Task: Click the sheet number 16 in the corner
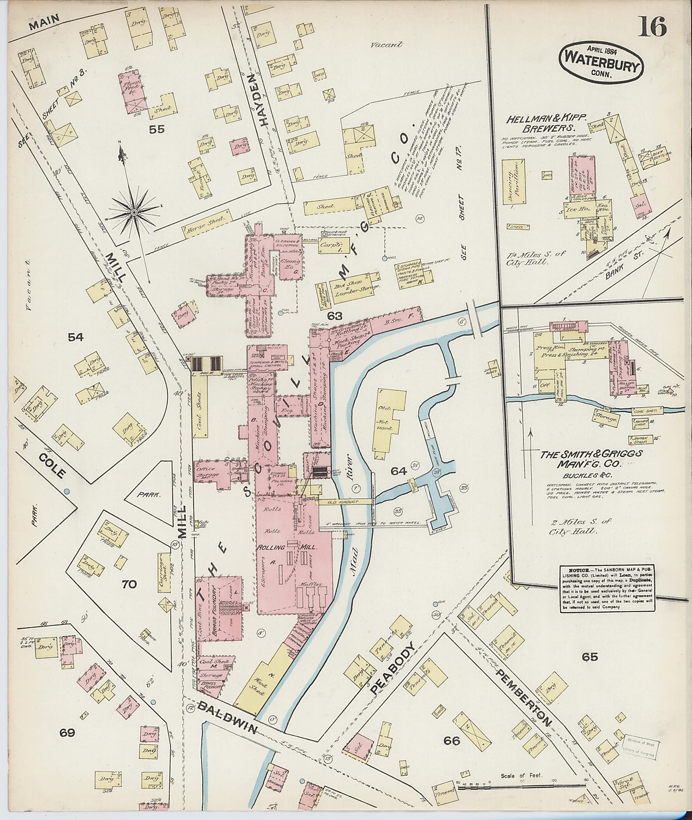click(652, 27)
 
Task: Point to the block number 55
click(156, 130)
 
